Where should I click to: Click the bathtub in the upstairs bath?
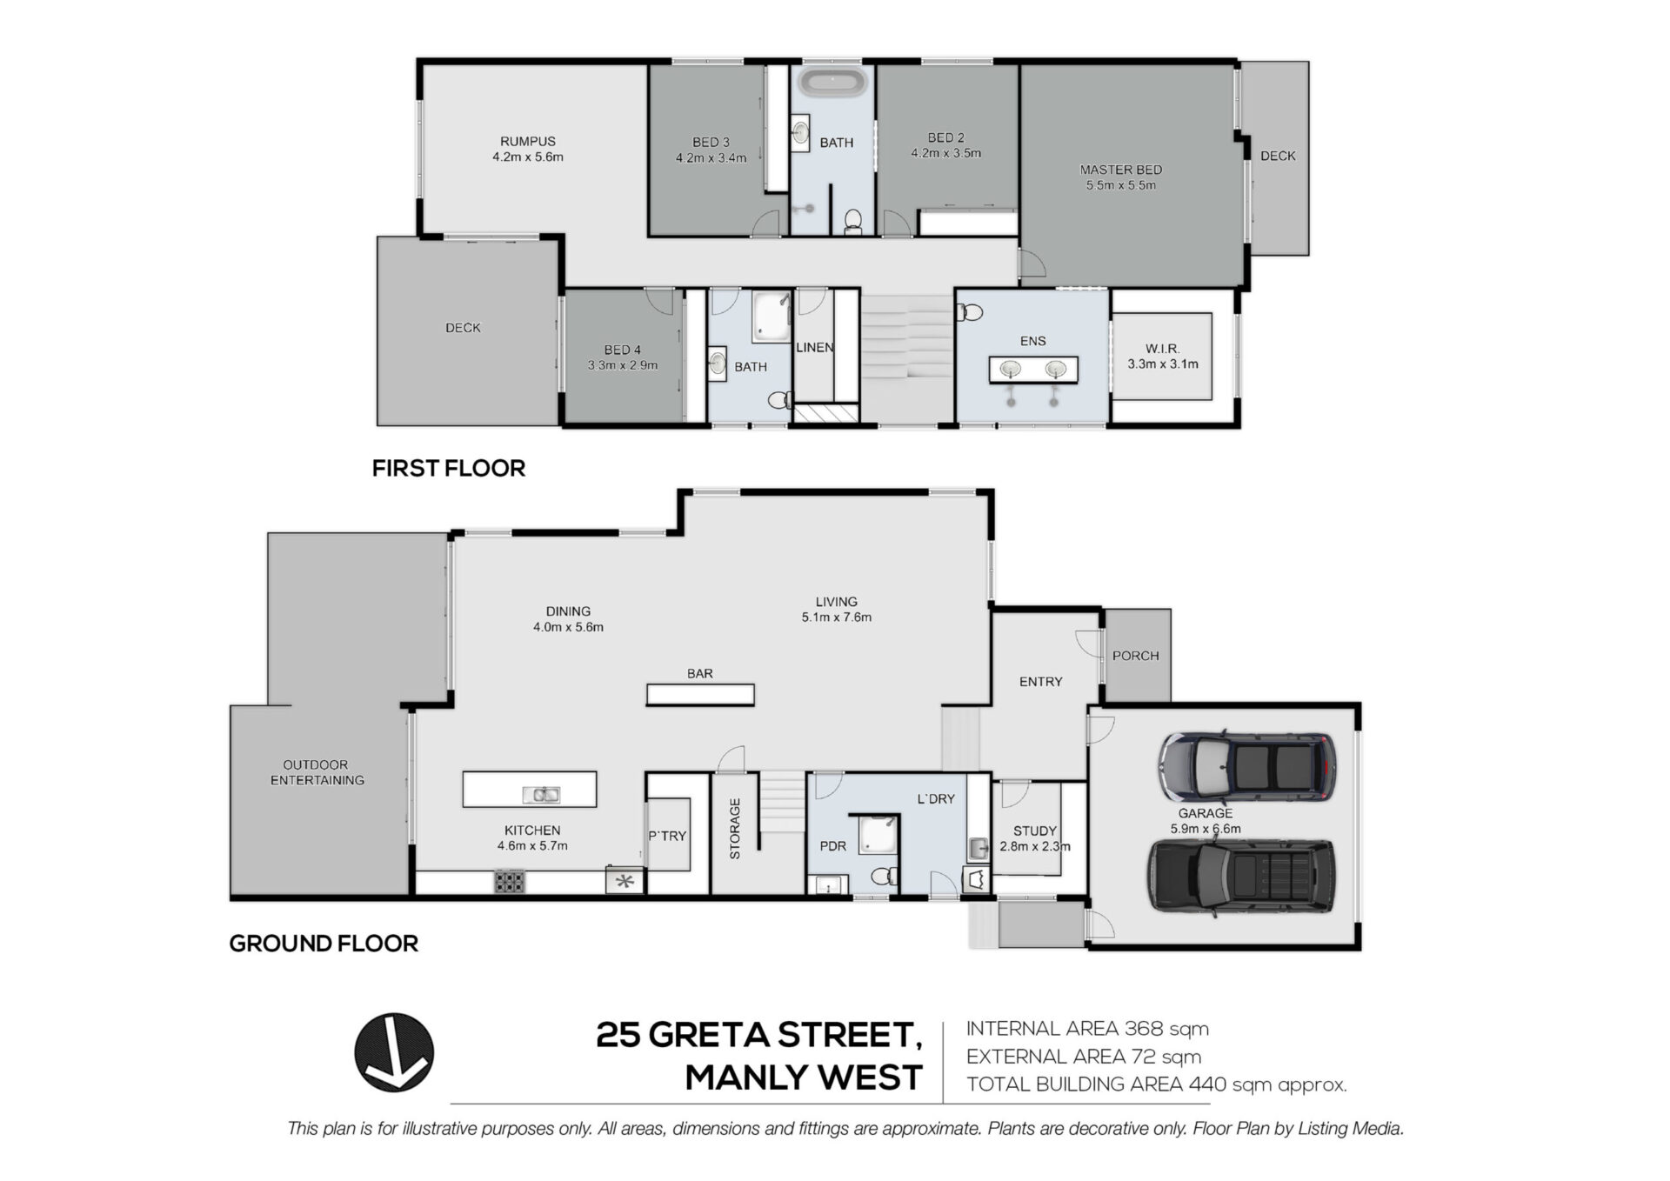click(833, 83)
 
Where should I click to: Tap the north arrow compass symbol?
click(394, 1052)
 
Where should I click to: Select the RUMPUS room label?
click(528, 141)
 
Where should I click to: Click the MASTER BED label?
click(1121, 170)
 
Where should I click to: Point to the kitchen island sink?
click(541, 794)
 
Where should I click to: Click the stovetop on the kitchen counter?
click(510, 881)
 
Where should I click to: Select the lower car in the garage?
click(1241, 877)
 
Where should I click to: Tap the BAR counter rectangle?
click(700, 694)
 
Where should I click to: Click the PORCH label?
click(1136, 656)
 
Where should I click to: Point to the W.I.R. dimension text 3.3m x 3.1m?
click(1163, 364)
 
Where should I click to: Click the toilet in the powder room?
click(885, 875)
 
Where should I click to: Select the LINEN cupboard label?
click(815, 347)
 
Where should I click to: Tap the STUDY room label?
click(1035, 831)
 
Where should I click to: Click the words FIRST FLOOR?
click(449, 468)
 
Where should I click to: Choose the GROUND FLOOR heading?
click(324, 943)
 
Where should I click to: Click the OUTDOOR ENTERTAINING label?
click(317, 772)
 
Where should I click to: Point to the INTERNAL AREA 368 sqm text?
click(1087, 1029)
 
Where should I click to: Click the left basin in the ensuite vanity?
click(1010, 369)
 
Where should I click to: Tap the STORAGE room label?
click(735, 829)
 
